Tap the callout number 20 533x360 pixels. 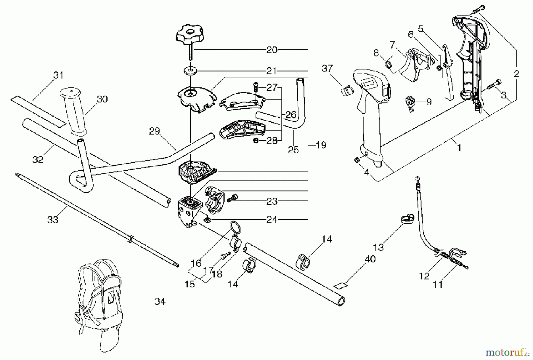click(272, 50)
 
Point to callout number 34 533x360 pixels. click(160, 302)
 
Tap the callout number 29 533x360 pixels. click(154, 131)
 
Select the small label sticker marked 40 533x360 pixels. click(340, 285)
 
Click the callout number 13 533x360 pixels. click(379, 247)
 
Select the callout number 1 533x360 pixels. click(459, 147)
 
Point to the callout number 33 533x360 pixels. click(53, 220)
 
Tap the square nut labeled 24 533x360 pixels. click(208, 220)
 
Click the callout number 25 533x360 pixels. click(293, 150)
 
